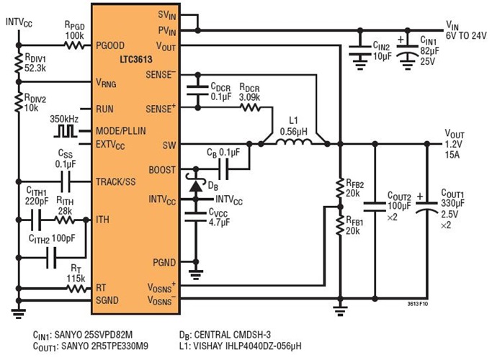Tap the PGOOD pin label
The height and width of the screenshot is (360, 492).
click(x=112, y=45)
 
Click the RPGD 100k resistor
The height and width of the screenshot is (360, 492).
click(x=73, y=45)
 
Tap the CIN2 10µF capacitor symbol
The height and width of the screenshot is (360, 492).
click(x=360, y=50)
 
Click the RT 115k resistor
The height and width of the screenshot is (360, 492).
click(x=73, y=288)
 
